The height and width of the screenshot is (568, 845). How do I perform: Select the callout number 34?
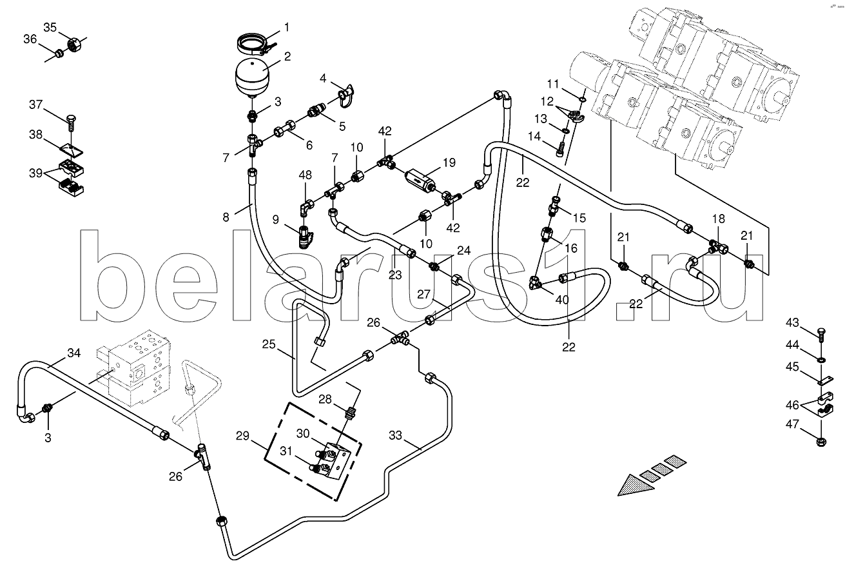click(75, 353)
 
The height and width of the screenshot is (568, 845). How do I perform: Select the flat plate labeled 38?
click(72, 149)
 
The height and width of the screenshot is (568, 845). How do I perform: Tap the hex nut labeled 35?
click(74, 46)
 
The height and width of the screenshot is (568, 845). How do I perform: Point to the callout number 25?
click(269, 345)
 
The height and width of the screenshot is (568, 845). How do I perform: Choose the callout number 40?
click(562, 299)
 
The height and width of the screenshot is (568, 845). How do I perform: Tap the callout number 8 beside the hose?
click(226, 217)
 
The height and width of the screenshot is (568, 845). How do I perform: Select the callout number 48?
click(305, 175)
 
